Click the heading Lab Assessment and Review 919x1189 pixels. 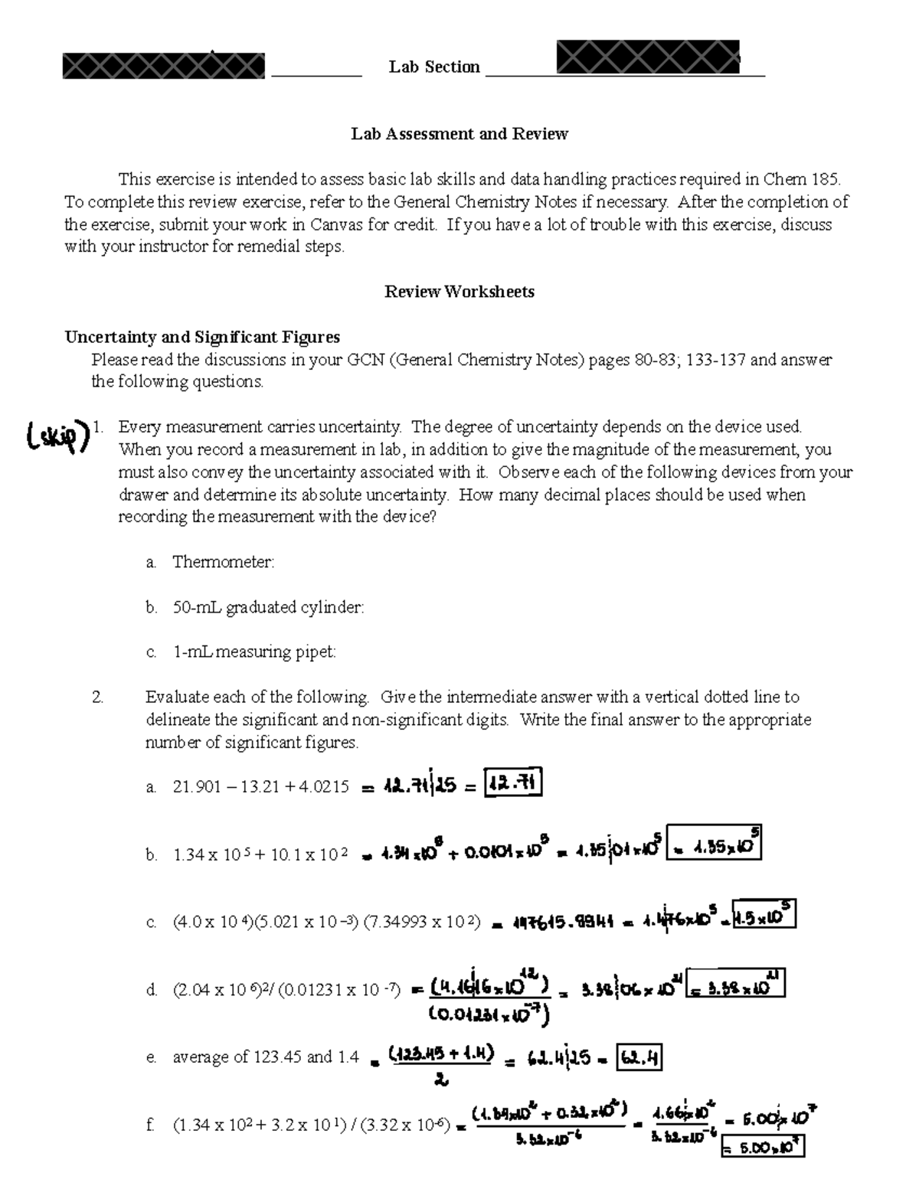point(459,134)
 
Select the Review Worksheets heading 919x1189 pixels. point(459,292)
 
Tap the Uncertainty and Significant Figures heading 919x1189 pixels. point(202,337)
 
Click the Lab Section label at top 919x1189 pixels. point(434,67)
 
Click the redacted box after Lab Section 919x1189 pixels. point(648,57)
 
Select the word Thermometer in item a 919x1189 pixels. point(223,562)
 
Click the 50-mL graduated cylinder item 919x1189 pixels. point(268,607)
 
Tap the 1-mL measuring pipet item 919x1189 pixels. point(254,652)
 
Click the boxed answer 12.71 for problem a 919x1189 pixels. point(514,784)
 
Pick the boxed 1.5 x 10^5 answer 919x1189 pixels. point(764,915)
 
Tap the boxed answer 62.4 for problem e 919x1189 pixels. point(639,1059)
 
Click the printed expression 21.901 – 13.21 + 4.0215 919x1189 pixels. point(260,786)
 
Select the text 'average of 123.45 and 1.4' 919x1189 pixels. point(266,1057)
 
